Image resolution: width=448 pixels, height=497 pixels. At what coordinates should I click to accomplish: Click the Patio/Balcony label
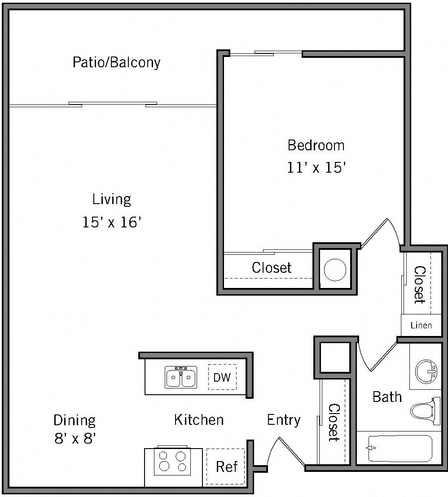coord(116,62)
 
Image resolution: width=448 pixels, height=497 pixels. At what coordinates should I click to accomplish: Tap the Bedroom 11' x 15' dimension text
coord(316,168)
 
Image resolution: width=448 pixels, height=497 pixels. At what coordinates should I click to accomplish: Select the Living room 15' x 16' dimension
coord(112,222)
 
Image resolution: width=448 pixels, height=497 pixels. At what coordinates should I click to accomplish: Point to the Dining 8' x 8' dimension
coord(75,438)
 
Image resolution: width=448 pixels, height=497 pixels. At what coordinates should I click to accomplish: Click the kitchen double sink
coord(181,377)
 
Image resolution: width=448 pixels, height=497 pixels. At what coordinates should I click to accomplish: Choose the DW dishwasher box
coord(222,377)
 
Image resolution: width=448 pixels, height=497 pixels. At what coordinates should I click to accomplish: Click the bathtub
coord(400,448)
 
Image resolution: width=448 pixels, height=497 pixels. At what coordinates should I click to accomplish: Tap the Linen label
coord(421,325)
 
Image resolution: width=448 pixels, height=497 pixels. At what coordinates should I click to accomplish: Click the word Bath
coord(387,397)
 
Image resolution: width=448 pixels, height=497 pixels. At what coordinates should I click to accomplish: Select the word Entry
coord(283,420)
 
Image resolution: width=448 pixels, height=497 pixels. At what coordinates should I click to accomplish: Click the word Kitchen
coord(198,420)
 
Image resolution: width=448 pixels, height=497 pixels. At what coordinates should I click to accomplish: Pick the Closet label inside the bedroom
coord(272,268)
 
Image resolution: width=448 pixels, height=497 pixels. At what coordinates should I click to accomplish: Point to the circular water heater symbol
coord(335,270)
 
